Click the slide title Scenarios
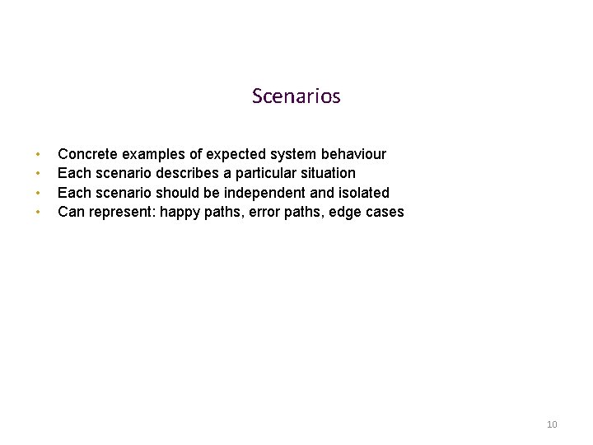point(296,96)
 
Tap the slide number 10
point(552,424)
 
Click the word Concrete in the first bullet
point(87,154)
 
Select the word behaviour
point(353,154)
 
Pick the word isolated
point(362,193)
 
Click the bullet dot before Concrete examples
point(38,155)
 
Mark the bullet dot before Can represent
point(38,213)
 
